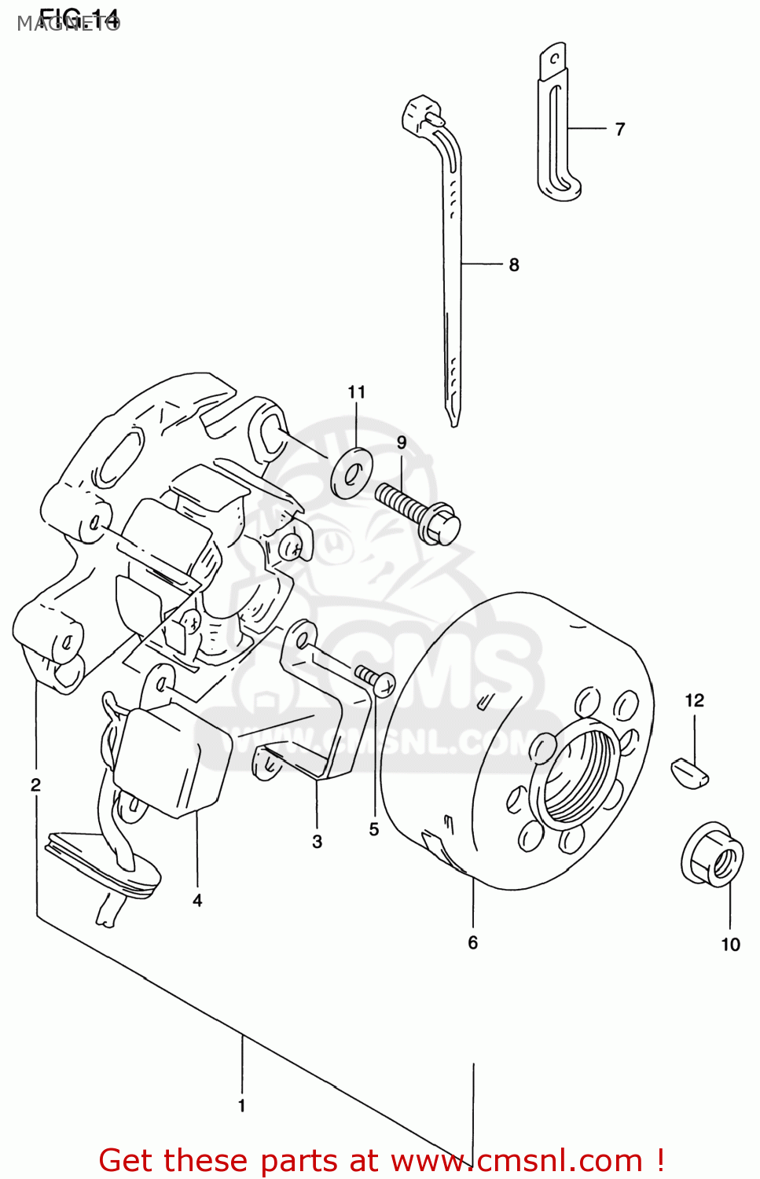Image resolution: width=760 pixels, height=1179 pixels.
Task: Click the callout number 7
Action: pyautogui.click(x=620, y=130)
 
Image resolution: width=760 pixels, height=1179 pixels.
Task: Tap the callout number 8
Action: pyautogui.click(x=514, y=265)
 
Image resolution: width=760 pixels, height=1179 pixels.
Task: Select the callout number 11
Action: pyautogui.click(x=357, y=392)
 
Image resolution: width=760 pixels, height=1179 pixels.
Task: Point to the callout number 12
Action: pyautogui.click(x=695, y=700)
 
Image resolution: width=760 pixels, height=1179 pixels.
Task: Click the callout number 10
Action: pyautogui.click(x=731, y=945)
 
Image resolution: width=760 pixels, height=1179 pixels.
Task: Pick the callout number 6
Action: pyautogui.click(x=473, y=942)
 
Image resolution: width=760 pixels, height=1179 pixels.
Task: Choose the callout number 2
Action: pyautogui.click(x=35, y=784)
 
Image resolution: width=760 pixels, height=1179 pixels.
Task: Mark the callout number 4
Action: pyautogui.click(x=197, y=901)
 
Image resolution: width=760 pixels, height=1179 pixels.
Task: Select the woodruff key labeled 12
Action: pyautogui.click(x=691, y=771)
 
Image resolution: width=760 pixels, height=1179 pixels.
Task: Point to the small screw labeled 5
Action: pyautogui.click(x=376, y=680)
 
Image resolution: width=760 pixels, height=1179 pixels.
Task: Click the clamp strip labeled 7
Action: pyautogui.click(x=557, y=126)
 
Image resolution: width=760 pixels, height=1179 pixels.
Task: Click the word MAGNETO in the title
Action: pyautogui.click(x=68, y=24)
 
